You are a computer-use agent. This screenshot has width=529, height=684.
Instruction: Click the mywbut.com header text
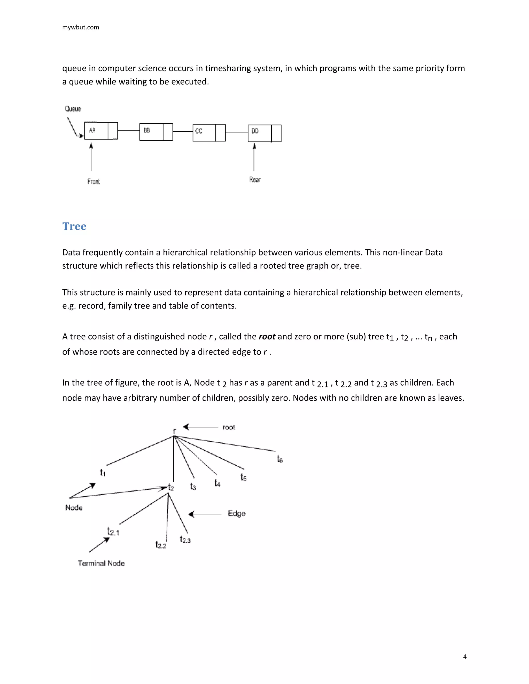click(x=81, y=27)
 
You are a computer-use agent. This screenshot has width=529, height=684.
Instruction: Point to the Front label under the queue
click(x=94, y=181)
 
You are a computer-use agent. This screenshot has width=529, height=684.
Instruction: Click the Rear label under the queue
click(x=255, y=179)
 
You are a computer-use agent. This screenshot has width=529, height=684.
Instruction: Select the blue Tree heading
click(x=74, y=226)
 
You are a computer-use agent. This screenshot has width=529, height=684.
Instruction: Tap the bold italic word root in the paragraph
click(x=267, y=336)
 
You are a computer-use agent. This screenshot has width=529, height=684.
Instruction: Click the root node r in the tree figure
click(x=175, y=431)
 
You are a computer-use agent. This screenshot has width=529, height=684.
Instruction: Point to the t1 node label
click(x=103, y=472)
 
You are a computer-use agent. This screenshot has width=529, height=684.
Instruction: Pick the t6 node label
click(x=279, y=459)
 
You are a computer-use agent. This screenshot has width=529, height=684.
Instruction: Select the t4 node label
click(x=217, y=483)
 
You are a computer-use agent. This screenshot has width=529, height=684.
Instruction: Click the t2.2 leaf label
click(x=161, y=545)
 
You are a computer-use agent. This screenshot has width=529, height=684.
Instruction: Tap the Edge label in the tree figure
click(x=237, y=513)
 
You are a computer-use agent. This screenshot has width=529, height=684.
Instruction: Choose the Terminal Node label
click(x=101, y=563)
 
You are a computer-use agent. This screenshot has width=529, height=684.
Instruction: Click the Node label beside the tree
click(x=74, y=508)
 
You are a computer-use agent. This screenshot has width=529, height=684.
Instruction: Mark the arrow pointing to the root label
click(x=200, y=427)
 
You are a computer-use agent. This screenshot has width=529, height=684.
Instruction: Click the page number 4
click(x=465, y=656)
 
